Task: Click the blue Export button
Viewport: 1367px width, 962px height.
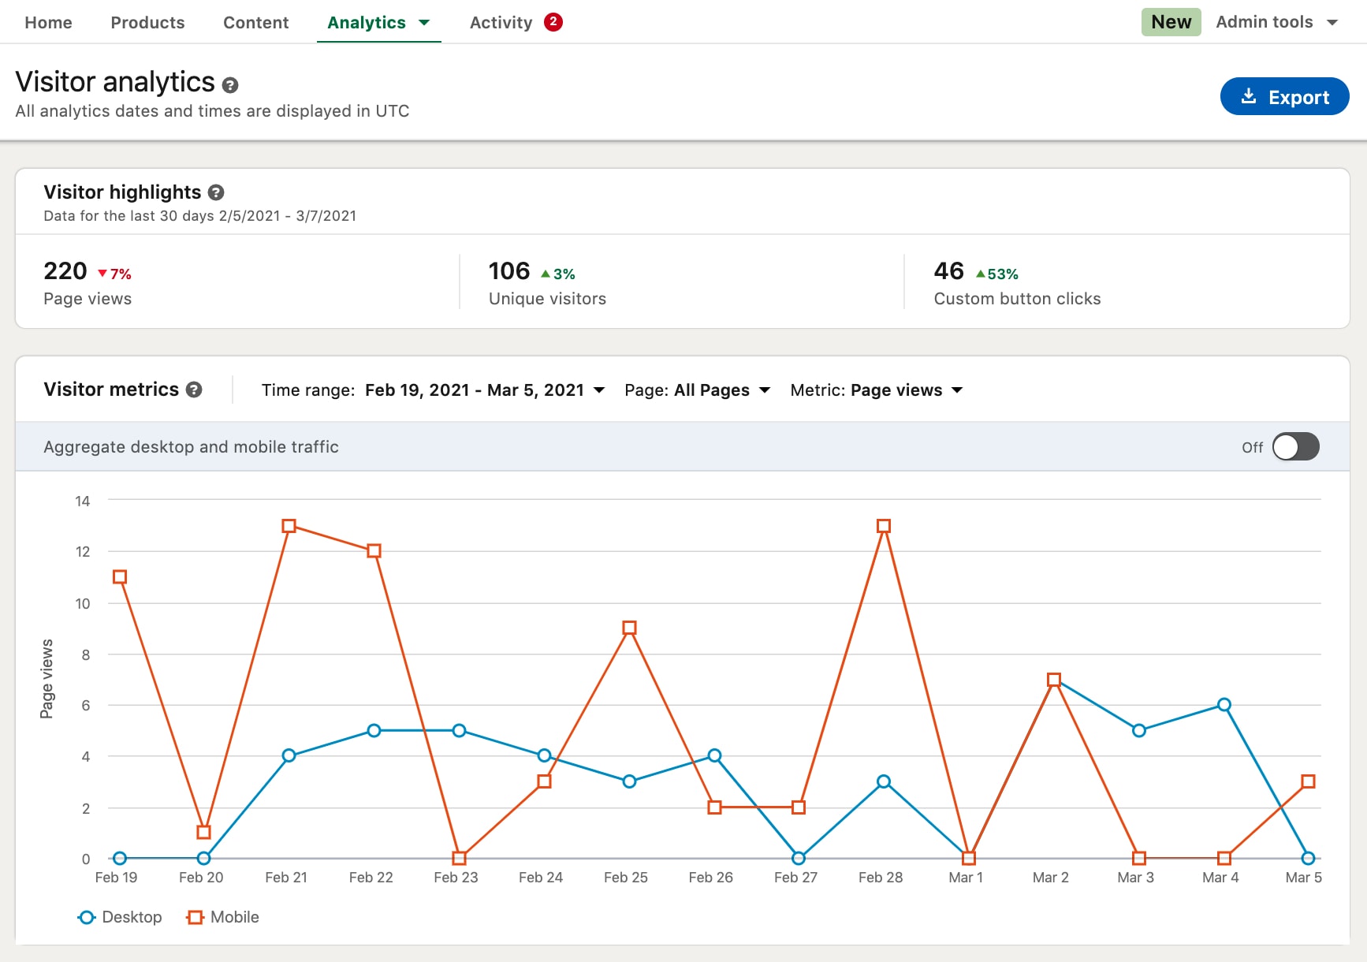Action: tap(1284, 97)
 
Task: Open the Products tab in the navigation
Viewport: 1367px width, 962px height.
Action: tap(147, 23)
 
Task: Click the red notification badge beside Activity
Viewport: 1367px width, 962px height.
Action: tap(553, 22)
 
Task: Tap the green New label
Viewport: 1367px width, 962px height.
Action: tap(1171, 22)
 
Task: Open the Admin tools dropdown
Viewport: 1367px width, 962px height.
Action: tap(1276, 22)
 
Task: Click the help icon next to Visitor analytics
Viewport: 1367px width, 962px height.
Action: tap(230, 85)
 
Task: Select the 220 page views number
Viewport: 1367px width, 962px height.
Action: tap(65, 271)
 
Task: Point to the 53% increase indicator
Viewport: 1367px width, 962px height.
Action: tap(997, 274)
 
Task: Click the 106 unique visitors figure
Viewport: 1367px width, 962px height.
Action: tap(509, 271)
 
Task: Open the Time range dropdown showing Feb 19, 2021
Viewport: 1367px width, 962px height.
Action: tap(484, 390)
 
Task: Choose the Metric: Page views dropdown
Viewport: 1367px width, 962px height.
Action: tap(877, 390)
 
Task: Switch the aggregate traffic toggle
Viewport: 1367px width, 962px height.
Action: tap(1295, 447)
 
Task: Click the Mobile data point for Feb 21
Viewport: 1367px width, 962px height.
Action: tap(289, 526)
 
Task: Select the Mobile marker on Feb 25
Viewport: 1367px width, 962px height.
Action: tap(629, 628)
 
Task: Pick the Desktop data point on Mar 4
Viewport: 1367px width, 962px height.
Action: tap(1224, 705)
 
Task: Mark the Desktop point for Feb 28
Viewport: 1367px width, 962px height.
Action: tap(884, 781)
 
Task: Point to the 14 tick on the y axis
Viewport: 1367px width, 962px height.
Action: tap(83, 502)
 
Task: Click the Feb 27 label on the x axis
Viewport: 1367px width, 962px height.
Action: tap(795, 878)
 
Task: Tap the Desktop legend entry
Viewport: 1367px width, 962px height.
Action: tap(121, 917)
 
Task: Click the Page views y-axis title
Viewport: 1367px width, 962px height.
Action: tap(47, 678)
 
